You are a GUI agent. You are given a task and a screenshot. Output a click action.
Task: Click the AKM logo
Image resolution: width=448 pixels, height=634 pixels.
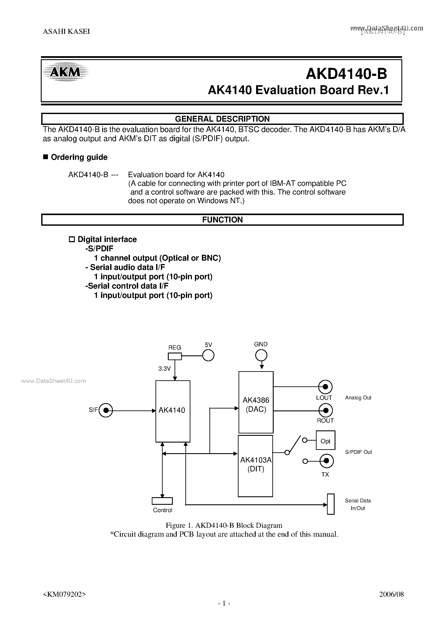click(x=65, y=72)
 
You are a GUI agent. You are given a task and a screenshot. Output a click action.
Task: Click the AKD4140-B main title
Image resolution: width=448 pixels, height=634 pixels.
click(x=346, y=74)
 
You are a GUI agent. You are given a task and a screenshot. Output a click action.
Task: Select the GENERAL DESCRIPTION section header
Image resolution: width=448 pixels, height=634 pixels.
click(x=222, y=119)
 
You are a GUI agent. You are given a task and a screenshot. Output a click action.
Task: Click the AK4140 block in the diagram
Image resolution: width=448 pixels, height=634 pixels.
click(x=173, y=411)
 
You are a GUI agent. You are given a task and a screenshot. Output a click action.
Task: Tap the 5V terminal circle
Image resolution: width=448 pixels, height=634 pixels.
click(x=208, y=355)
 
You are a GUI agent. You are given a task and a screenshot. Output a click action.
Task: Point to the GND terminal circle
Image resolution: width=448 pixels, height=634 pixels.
click(x=261, y=355)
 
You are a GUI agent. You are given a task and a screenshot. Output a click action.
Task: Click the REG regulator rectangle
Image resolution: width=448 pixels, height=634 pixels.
click(x=175, y=356)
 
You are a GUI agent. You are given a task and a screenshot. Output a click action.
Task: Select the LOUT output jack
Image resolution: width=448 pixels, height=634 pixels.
click(x=325, y=387)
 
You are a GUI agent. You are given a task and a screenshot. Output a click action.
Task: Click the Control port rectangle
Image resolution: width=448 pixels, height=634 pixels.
click(x=162, y=501)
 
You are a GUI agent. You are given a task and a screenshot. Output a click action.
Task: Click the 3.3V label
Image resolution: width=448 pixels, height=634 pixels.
click(x=164, y=368)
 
